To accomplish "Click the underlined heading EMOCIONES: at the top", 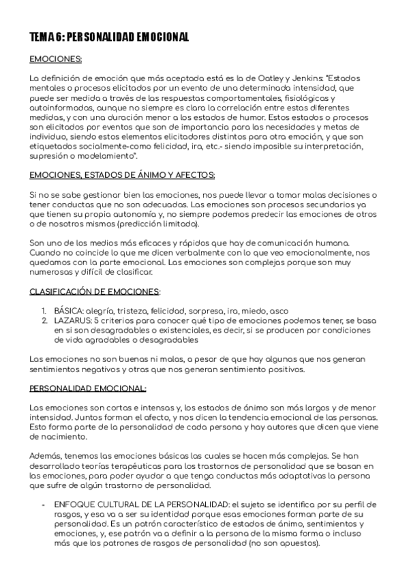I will [56, 59].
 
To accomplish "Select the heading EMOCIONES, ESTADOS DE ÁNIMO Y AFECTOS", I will [123, 175].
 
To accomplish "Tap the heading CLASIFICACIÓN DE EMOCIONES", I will [95, 291].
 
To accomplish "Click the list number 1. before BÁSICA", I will [44, 310].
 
